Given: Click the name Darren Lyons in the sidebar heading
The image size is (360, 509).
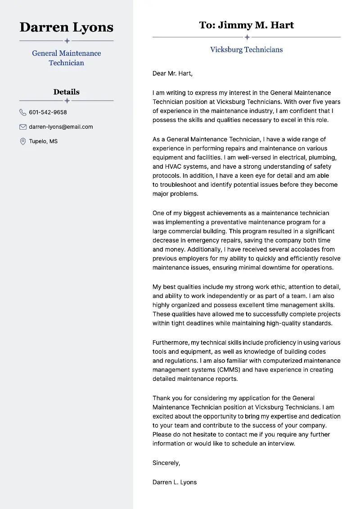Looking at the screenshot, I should pos(67,27).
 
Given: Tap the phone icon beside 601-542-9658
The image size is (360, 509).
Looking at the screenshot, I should pos(23,113).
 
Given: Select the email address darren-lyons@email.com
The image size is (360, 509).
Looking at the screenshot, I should pos(61,127).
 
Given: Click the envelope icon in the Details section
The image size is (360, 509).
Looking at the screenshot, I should pos(23,127).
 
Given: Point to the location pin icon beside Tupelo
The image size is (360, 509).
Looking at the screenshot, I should pos(23,141).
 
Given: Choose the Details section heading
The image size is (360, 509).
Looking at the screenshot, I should pos(67,92).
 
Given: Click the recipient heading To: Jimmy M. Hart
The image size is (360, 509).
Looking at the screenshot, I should pos(247,25).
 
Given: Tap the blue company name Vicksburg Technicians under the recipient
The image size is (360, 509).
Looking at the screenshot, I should pos(247,50).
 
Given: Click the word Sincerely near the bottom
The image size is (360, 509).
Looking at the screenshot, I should pos(166,463).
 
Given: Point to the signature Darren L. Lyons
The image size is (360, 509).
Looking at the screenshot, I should pos(175,482).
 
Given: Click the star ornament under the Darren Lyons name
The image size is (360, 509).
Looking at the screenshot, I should pos(67,41).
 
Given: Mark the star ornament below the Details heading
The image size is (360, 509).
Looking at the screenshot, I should pos(67,100).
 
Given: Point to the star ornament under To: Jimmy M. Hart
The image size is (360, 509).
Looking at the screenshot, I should pos(247,37).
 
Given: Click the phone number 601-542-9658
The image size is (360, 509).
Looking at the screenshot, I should pos(48,113).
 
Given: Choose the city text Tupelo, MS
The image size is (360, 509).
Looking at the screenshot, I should pos(43,141).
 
